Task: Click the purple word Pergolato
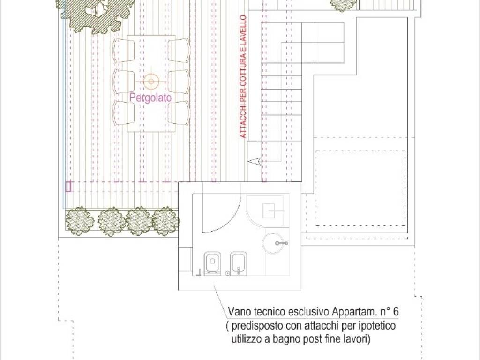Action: tap(150, 98)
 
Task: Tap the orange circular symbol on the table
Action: tap(150, 81)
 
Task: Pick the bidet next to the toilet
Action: tap(237, 263)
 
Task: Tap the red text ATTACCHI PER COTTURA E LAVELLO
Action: tap(243, 76)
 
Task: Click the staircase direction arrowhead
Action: tap(253, 162)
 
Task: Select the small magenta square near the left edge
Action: tap(68, 187)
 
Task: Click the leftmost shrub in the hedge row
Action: tap(79, 220)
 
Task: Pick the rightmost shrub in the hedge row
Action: tap(166, 221)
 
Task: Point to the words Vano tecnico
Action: tap(255, 311)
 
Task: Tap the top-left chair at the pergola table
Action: tap(123, 50)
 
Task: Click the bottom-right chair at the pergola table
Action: tap(179, 112)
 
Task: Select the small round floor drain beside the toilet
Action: tap(228, 273)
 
